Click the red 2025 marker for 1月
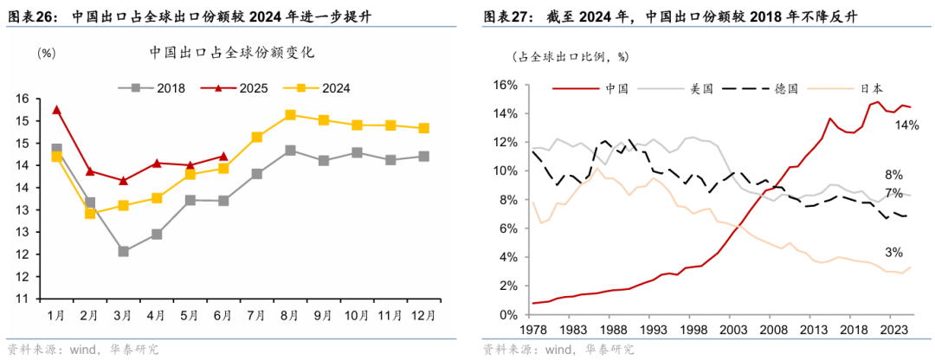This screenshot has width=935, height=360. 56,110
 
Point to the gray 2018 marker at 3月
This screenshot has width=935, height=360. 124,251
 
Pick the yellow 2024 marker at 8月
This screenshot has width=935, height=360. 290,114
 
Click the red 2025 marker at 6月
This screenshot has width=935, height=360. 223,157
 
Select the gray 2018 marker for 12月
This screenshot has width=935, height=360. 423,157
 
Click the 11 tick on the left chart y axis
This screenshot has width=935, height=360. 23,299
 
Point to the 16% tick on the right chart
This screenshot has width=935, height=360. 502,86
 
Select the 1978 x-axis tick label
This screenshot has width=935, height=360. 532,331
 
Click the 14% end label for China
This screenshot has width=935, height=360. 906,125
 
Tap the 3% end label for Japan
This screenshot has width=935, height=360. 893,252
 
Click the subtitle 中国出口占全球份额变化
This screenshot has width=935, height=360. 231,52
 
